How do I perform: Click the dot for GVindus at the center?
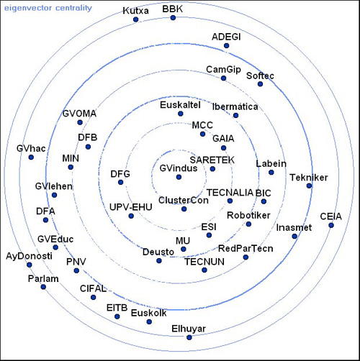tap(179, 177)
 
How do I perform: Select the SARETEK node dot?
tap(212, 169)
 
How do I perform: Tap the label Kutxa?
tap(135, 11)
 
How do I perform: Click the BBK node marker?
tap(173, 18)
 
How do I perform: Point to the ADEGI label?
tap(226, 37)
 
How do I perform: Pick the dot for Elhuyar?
tap(189, 337)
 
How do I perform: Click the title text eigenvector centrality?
tap(48, 8)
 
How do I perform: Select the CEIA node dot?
tap(331, 225)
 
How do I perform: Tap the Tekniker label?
tap(309, 178)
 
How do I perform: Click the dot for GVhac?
tap(31, 157)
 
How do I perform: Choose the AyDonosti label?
tap(29, 256)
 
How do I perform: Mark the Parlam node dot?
tap(43, 287)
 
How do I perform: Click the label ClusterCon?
tap(184, 200)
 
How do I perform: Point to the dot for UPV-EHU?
tap(131, 216)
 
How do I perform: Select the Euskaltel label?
tap(180, 105)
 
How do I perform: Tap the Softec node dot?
tap(260, 84)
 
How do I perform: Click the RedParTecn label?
tap(246, 249)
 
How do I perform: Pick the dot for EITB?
tap(117, 316)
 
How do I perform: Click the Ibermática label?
tap(235, 106)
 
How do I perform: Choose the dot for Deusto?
tap(159, 260)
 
